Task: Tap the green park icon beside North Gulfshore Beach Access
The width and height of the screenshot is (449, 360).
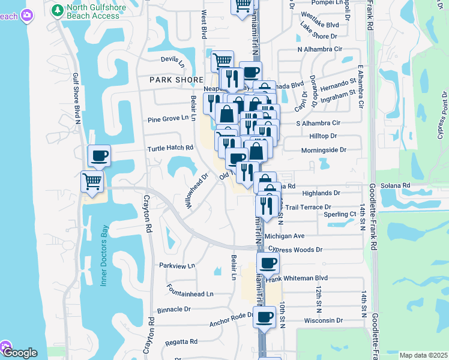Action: (57, 10)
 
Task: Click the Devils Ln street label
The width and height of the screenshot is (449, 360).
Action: (173, 59)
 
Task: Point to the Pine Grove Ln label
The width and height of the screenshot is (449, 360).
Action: (168, 119)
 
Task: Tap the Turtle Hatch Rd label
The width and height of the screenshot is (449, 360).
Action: (170, 148)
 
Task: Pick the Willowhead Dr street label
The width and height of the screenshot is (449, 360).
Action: (196, 191)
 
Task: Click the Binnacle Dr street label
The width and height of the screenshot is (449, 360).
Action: (173, 310)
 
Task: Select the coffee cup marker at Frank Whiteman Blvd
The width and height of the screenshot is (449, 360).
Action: (268, 262)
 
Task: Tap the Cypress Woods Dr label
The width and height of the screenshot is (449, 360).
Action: (295, 249)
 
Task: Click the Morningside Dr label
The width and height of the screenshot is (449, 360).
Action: (324, 150)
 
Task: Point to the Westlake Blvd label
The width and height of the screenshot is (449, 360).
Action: (320, 25)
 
